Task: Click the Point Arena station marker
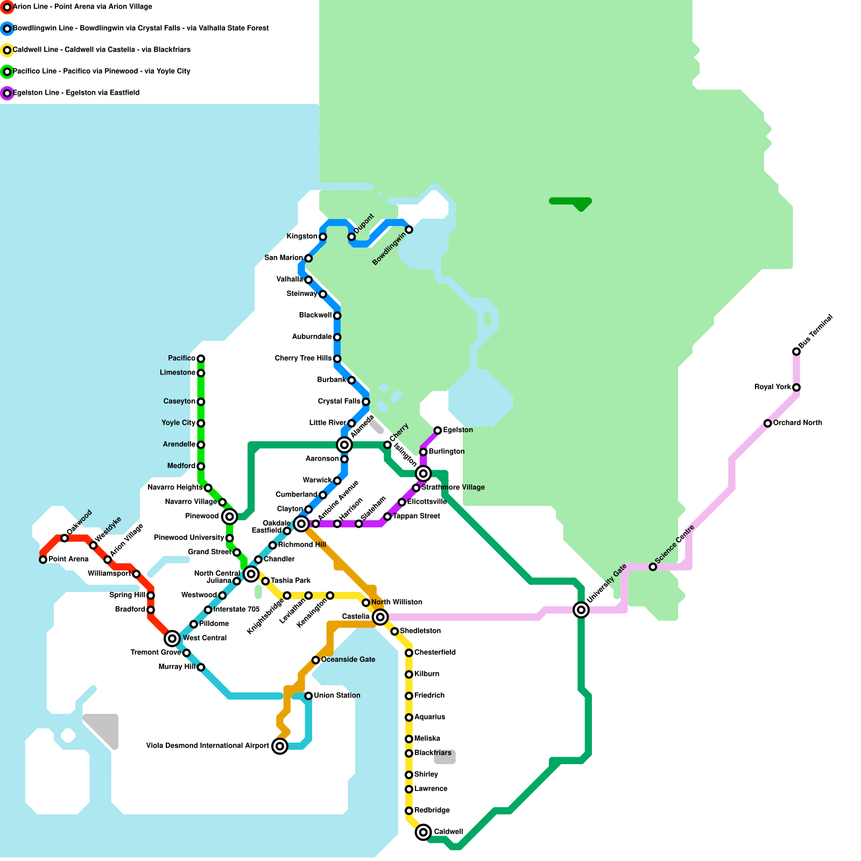click(43, 560)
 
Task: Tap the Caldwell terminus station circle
click(424, 832)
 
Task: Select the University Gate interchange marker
click(581, 610)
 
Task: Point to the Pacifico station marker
click(201, 358)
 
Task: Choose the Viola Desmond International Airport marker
click(279, 746)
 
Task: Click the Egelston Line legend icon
click(7, 93)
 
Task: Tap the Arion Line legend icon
click(7, 7)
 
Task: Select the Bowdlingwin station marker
click(409, 230)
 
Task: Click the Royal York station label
click(772, 387)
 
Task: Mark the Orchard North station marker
click(767, 423)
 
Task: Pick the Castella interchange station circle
click(380, 617)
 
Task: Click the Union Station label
click(337, 695)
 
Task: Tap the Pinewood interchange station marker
click(229, 517)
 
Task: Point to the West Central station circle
click(172, 639)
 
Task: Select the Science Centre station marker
click(653, 567)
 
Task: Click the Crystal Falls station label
click(339, 401)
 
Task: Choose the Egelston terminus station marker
click(437, 430)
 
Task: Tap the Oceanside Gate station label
click(348, 659)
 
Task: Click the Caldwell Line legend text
click(102, 50)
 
